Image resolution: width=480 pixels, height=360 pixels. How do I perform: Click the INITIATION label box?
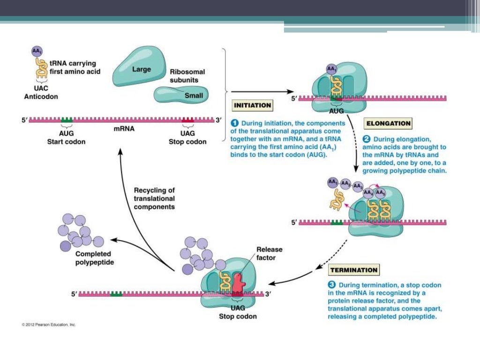(252, 105)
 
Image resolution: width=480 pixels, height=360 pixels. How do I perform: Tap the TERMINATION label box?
(354, 270)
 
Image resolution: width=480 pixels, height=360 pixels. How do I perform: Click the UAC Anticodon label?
(41, 93)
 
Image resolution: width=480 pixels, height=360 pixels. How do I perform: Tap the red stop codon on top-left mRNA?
(187, 120)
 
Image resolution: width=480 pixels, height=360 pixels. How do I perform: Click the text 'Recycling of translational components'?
(154, 198)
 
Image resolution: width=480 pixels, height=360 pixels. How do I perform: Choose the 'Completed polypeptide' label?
(94, 258)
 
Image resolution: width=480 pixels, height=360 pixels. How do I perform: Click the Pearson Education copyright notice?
(49, 324)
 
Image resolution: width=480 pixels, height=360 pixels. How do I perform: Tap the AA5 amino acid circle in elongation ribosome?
(381, 193)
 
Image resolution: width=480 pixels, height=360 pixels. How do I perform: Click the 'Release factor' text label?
(269, 253)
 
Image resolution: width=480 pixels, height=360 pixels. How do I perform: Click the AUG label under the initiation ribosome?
(336, 112)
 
